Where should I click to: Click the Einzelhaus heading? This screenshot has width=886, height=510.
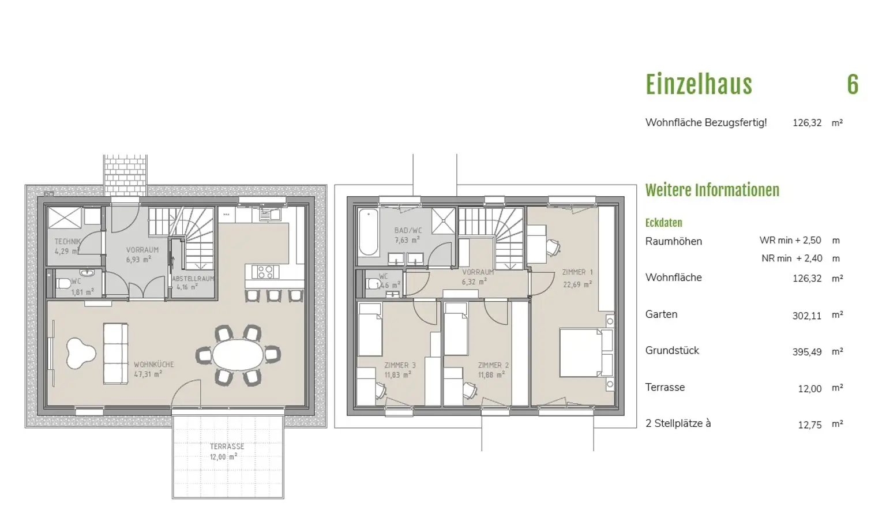[x=699, y=85]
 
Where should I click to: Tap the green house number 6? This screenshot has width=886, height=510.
[x=853, y=85]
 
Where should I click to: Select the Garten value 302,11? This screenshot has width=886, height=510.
[x=807, y=316]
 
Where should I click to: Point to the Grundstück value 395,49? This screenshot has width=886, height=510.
[x=807, y=352]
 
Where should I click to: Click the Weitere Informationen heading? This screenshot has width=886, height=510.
[x=712, y=190]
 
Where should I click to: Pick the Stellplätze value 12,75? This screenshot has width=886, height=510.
[x=810, y=425]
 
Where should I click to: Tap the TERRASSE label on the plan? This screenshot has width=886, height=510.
[x=227, y=447]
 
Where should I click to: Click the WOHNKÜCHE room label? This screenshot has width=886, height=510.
[x=154, y=365]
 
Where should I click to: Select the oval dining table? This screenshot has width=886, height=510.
[x=238, y=354]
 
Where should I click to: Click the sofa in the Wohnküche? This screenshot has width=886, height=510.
[x=115, y=353]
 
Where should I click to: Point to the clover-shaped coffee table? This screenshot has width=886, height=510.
[x=80, y=353]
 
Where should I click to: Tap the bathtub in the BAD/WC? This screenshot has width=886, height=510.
[x=368, y=232]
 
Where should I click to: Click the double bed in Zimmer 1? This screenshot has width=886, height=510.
[x=586, y=352]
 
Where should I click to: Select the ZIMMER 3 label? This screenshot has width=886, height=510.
[x=400, y=365]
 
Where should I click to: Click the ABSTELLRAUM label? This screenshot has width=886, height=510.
[x=193, y=279]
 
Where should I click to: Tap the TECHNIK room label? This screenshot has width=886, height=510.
[x=67, y=241]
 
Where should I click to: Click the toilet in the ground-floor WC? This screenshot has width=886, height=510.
[x=63, y=284]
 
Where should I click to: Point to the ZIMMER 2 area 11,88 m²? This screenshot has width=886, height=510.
[x=491, y=374]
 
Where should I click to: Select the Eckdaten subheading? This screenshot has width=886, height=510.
[x=664, y=223]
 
